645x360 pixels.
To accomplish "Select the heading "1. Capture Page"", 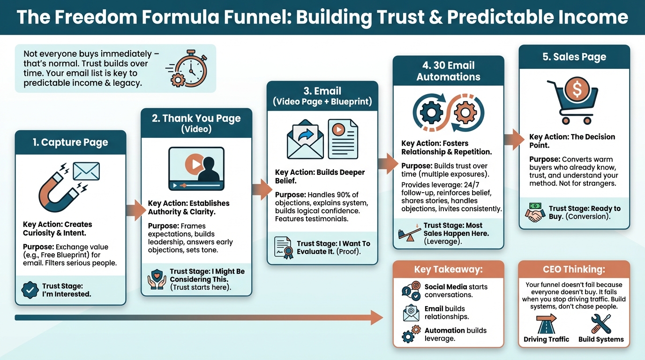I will point(70,142).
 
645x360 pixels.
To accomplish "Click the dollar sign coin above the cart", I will point(574,88).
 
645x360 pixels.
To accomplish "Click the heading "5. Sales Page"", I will point(574,57).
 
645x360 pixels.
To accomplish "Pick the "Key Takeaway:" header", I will point(448,270).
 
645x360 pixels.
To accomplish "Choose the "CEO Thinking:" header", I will point(574,270).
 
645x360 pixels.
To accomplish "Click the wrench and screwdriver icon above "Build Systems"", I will point(601,323).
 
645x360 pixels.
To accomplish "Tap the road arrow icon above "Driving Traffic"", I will point(546,323).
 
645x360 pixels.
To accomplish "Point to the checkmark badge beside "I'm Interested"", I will point(30,290).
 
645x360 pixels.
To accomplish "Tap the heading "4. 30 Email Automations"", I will point(448,71).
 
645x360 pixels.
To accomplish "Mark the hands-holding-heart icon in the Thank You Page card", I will point(157,279).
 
